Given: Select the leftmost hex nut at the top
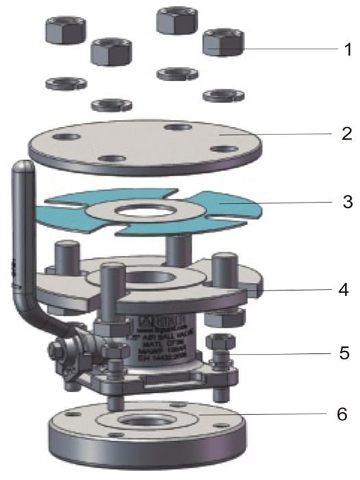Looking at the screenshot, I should point(64,29).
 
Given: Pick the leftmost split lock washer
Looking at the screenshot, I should point(65,82).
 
